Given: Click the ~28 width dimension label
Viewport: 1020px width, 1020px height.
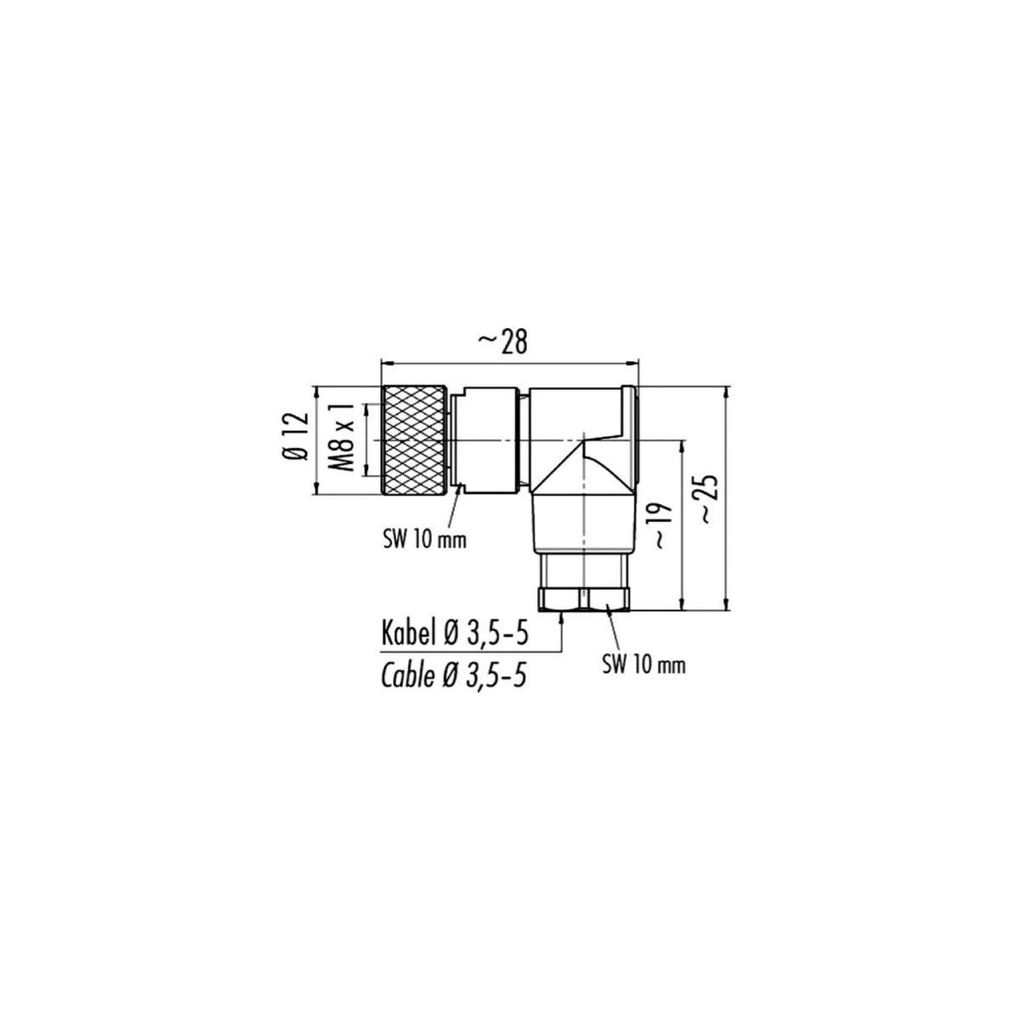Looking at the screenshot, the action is point(503,343).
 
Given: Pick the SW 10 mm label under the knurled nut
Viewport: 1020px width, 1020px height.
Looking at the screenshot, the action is point(424,541).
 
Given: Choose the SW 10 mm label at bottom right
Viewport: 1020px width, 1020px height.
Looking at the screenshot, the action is point(643,666).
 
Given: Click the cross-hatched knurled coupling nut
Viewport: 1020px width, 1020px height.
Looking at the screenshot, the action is point(413,440).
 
